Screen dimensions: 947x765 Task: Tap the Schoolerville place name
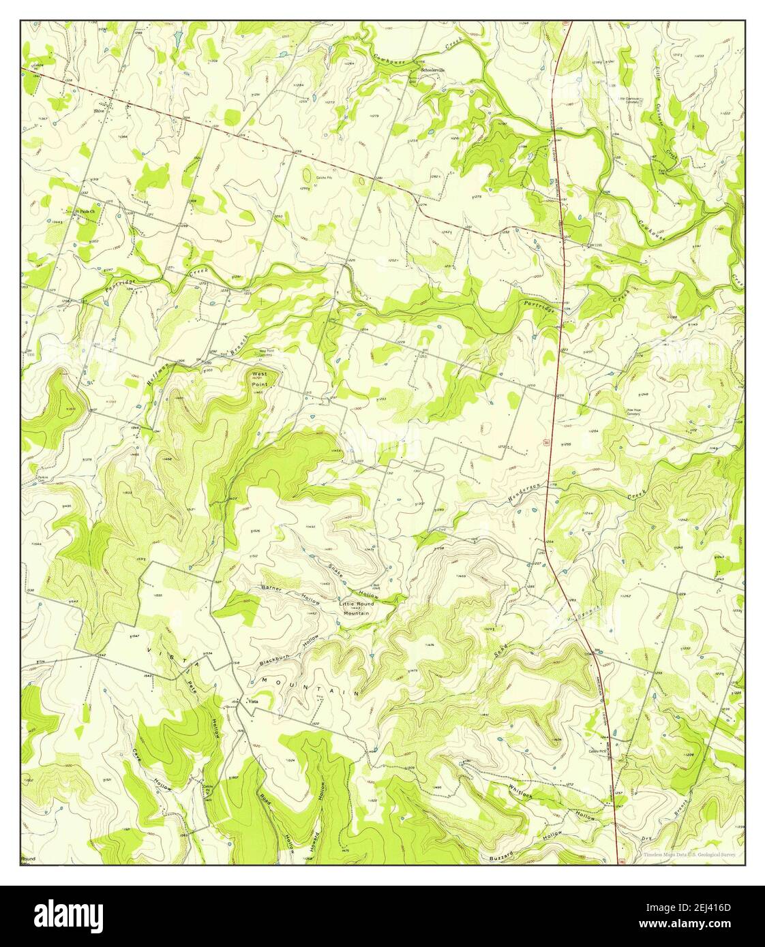pyautogui.click(x=432, y=69)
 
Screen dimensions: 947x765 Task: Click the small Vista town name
pyautogui.click(x=253, y=702)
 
